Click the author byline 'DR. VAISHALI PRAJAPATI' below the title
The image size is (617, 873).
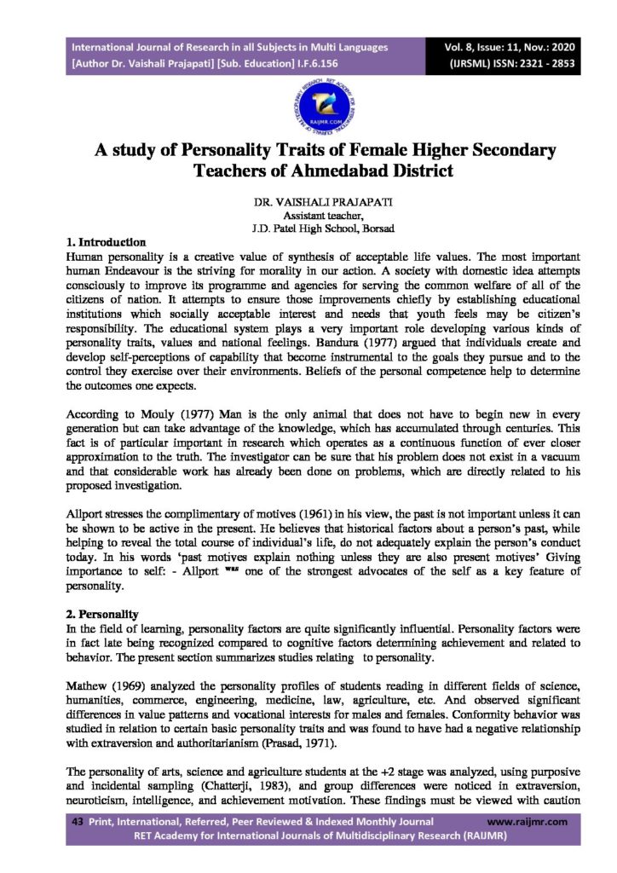[x=312, y=205]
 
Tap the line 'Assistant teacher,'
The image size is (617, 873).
[x=313, y=217]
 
